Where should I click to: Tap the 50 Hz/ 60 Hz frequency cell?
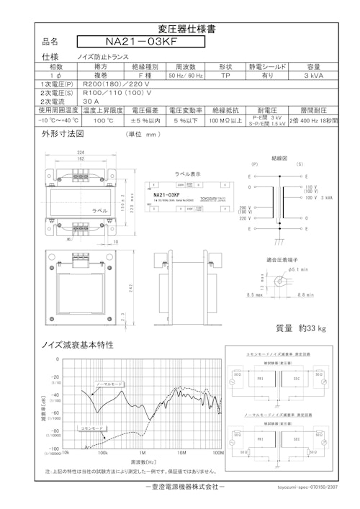tap(184, 75)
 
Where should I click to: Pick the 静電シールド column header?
tap(266, 66)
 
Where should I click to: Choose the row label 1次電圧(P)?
tap(57, 84)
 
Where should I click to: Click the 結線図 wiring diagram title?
tap(280, 156)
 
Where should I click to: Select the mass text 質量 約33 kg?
tap(301, 328)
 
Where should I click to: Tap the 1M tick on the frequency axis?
tap(143, 453)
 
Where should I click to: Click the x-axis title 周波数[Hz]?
tap(144, 461)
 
